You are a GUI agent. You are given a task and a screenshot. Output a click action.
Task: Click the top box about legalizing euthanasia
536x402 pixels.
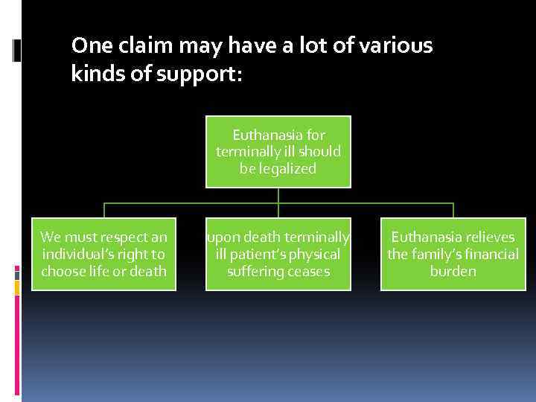(278, 152)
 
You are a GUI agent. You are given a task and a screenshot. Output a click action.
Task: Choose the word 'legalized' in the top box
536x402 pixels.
(278, 169)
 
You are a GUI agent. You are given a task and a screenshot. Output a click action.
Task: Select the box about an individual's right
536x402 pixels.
(103, 254)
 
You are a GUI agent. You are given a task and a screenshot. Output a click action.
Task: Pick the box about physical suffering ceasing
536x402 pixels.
(278, 254)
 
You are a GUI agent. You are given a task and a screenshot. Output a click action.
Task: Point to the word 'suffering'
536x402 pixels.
(253, 272)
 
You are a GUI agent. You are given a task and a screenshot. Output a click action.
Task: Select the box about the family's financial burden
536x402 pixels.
(453, 254)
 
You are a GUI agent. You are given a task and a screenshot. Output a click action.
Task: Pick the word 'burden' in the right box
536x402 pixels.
(453, 272)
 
